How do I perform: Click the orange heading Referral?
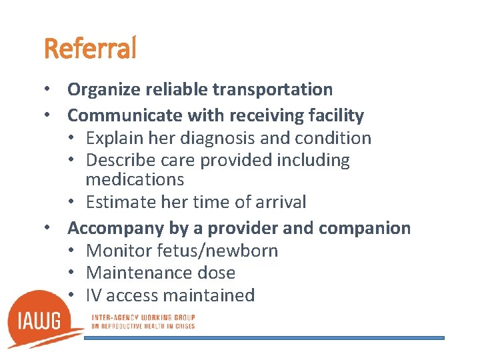pos(90,48)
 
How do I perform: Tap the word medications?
pos(135,179)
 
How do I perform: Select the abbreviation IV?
pos(93,295)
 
